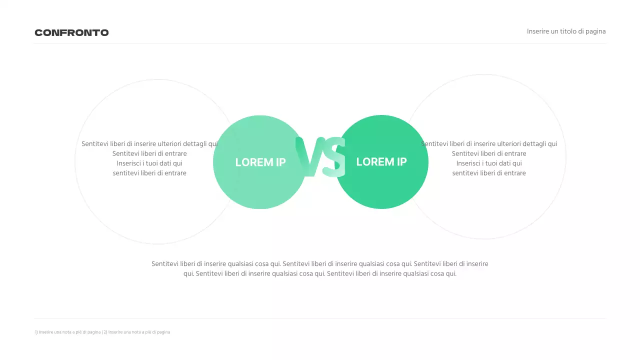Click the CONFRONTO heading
pos(71,33)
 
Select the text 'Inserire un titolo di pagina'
pos(566,31)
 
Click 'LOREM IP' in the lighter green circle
pos(260,162)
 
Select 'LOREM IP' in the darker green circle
pos(381,161)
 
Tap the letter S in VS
pos(334,157)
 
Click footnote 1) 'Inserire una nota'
pos(68,332)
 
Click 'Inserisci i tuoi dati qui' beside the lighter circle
pos(149,163)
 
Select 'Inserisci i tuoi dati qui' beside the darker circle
pos(489,163)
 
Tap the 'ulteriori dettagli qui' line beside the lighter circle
pos(149,144)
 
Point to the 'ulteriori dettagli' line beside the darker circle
pos(489,144)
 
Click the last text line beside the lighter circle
pos(149,173)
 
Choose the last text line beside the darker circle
pos(489,173)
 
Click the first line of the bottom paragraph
pos(320,264)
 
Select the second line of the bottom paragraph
pos(320,273)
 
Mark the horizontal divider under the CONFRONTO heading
pos(320,43)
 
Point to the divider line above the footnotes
pos(320,318)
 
